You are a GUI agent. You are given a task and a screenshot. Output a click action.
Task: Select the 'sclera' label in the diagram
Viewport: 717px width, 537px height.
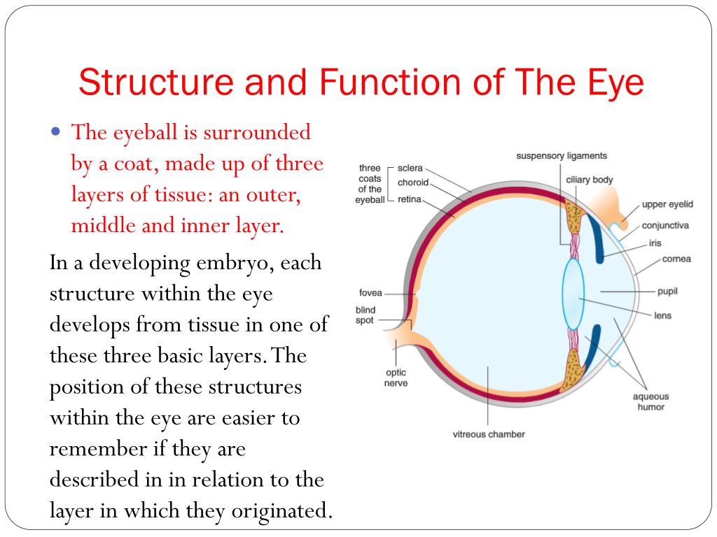[410, 169]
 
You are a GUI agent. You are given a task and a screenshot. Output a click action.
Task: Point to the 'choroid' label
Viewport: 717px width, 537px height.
[412, 183]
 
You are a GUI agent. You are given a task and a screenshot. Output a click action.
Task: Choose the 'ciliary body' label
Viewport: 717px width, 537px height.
[589, 180]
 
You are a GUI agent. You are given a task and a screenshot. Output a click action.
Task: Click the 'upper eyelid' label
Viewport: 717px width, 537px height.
[667, 204]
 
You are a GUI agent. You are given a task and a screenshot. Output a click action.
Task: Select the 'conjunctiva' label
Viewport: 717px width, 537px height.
[665, 225]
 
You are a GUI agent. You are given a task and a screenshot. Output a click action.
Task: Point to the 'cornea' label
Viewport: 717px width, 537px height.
[676, 259]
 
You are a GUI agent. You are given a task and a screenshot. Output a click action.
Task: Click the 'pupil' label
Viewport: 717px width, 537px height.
[667, 291]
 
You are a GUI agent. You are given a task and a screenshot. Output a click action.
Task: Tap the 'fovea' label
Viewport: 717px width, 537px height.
[370, 293]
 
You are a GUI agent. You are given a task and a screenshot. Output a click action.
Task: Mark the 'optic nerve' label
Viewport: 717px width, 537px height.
[396, 378]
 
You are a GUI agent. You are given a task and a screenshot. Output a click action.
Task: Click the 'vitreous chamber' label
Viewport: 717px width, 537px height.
[489, 434]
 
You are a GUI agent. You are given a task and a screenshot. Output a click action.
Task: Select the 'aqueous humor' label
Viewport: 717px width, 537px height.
[650, 401]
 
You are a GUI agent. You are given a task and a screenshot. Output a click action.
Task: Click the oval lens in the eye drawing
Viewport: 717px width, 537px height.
[572, 294]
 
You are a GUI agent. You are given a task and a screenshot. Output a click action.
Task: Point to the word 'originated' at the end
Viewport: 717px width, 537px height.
[277, 510]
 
